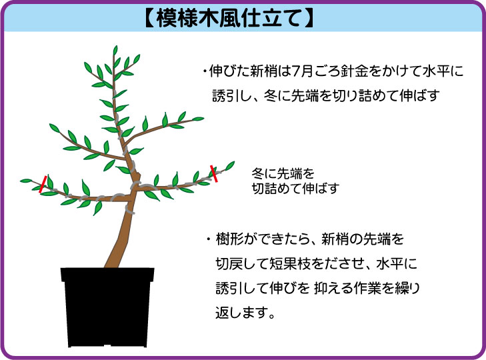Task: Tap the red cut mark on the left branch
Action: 43,184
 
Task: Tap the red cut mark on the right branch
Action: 214,173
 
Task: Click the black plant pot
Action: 107,307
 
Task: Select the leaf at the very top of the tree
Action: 115,50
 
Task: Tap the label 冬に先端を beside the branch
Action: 283,173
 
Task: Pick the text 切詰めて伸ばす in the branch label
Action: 295,189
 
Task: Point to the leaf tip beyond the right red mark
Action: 230,166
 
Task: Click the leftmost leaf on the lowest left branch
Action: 26,181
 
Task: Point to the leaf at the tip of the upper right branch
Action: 198,119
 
